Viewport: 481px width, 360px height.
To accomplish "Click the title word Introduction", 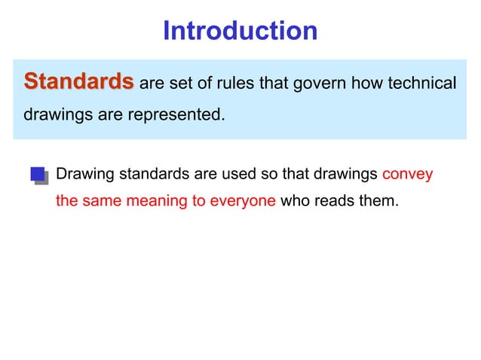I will [240, 31].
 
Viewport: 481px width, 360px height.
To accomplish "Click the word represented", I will [181, 117].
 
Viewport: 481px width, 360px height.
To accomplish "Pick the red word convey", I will [408, 175].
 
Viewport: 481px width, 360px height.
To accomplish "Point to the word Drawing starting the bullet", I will [84, 175].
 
